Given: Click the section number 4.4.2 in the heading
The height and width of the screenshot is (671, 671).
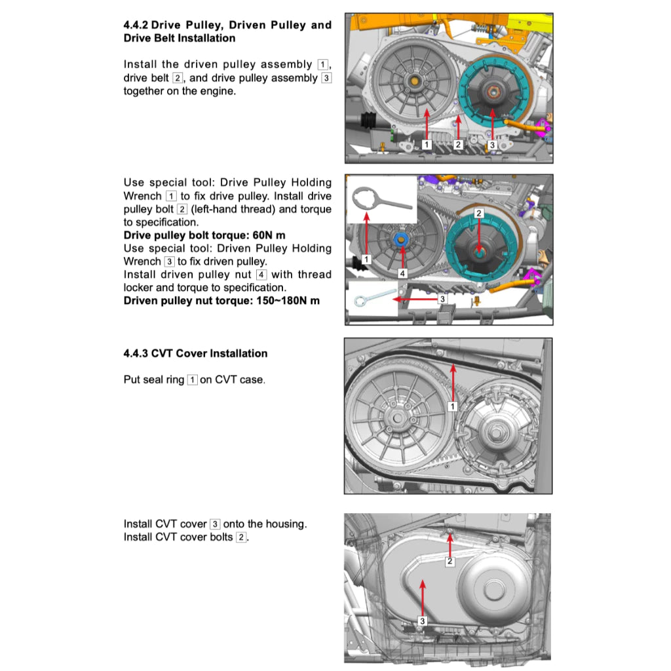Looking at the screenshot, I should point(136,26).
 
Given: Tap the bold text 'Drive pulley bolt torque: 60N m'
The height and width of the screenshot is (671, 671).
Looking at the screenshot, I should point(204,235).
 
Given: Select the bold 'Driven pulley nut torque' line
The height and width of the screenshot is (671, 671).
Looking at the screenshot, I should point(221,301).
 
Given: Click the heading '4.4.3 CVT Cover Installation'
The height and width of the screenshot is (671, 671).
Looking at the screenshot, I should point(195,353).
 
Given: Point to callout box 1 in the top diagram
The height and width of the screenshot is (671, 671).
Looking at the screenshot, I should point(426,144).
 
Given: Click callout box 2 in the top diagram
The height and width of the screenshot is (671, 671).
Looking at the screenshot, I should point(459,144).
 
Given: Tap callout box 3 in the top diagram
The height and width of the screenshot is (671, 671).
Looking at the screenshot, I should point(492,144).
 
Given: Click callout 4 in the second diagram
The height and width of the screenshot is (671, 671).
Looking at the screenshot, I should point(403,273).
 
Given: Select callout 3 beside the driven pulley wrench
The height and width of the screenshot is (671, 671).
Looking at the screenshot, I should point(442,299).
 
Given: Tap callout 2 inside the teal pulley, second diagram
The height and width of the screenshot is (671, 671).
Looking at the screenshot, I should point(478,213).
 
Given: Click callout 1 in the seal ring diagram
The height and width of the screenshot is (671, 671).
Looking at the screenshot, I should point(451,406).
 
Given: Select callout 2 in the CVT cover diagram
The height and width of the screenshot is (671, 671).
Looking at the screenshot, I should point(450,562).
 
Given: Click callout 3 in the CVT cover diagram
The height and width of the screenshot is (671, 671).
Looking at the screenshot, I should point(423,621).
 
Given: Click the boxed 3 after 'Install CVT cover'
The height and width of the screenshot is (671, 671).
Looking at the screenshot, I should point(215,524).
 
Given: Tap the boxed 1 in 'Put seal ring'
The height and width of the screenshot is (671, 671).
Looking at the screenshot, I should point(192,380).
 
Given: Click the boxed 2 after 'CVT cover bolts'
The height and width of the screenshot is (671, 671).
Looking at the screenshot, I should point(241,537).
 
